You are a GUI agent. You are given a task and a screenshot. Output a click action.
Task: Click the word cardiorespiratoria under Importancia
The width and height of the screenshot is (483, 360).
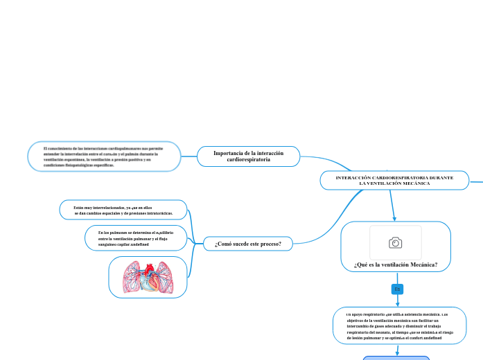pyautogui.click(x=249, y=160)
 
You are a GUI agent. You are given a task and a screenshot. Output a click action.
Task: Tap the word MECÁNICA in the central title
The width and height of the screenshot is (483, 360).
pyautogui.click(x=413, y=183)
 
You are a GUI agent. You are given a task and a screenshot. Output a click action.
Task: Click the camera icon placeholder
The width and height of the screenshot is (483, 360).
pyautogui.click(x=396, y=242)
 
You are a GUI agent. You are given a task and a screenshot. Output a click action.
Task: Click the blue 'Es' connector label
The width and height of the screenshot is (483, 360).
pyautogui.click(x=397, y=289)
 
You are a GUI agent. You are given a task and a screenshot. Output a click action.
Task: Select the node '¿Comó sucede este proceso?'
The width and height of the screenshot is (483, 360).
pyautogui.click(x=248, y=244)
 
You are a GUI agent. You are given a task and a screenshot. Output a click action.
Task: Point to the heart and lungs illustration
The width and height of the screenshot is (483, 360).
pyautogui.click(x=148, y=278)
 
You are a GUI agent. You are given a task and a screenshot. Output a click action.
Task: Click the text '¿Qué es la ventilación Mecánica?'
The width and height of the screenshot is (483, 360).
pyautogui.click(x=396, y=264)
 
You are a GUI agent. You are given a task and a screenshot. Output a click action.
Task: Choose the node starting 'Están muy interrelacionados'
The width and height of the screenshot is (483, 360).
pyautogui.click(x=123, y=210)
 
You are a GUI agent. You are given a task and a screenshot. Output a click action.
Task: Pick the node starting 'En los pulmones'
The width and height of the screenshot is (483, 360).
pyautogui.click(x=136, y=238)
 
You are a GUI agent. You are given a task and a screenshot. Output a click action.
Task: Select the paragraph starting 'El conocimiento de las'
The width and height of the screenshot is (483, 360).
pyautogui.click(x=103, y=157)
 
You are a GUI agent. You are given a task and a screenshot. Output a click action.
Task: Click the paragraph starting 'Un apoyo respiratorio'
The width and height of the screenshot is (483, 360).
pyautogui.click(x=397, y=325)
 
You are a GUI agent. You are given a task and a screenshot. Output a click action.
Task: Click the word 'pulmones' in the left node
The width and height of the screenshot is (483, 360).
pyautogui.click(x=125, y=233)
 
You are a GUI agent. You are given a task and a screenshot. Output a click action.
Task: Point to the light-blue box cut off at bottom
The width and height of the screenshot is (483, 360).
pyautogui.click(x=396, y=358)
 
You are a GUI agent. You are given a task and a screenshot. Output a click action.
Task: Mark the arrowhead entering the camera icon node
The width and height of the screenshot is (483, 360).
pyautogui.click(x=394, y=218)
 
